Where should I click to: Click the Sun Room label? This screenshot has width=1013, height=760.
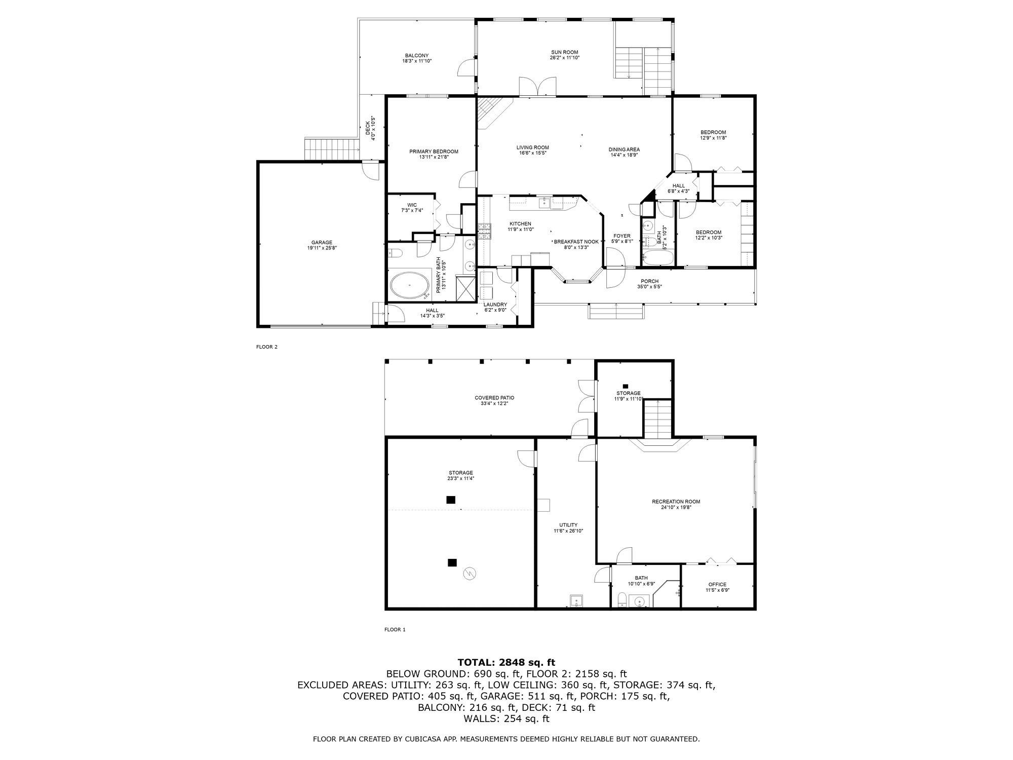(564, 52)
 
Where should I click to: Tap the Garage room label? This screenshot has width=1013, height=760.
(322, 242)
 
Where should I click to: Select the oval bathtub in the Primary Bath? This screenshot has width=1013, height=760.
(409, 286)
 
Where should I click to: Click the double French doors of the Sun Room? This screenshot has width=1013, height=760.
(537, 87)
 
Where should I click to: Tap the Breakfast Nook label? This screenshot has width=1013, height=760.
(576, 242)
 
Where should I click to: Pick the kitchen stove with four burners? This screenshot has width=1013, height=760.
(485, 231)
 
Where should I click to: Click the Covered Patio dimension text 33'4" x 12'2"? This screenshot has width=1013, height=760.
(494, 404)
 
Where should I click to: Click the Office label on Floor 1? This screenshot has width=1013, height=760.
(717, 584)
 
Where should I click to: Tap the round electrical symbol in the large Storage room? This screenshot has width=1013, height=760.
(470, 573)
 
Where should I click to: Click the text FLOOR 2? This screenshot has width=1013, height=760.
(267, 347)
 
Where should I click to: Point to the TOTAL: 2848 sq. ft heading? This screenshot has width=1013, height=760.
(506, 662)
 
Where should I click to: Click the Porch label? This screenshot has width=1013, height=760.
(649, 281)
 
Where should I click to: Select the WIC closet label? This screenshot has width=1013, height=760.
(412, 205)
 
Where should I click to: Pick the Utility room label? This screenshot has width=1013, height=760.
(568, 525)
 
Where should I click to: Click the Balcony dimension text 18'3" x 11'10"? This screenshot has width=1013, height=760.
(417, 61)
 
